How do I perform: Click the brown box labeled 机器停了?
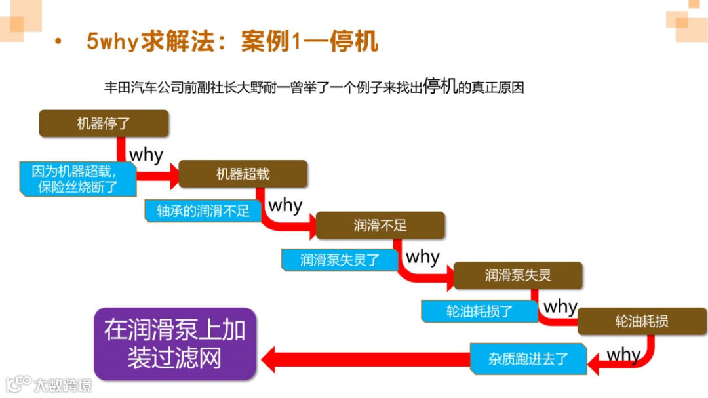pos(104,123)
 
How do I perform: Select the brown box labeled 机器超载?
pos(243,174)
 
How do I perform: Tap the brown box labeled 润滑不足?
pos(380,226)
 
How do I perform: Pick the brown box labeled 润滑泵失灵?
pos(518,275)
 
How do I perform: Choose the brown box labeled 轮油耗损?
pos(642,321)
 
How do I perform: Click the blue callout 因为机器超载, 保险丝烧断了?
pos(78,179)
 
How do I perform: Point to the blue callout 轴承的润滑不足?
pos(203,211)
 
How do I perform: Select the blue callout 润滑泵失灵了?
pos(340,260)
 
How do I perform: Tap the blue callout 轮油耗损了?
pos(479,311)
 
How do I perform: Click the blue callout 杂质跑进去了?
pos(528,359)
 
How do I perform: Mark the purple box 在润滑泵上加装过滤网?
pos(174,344)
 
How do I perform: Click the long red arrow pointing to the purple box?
pos(367,359)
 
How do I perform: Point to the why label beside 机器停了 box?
pos(146,155)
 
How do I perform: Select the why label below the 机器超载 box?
pos(285,205)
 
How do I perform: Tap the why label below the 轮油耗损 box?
pos(623,355)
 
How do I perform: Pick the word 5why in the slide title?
pos(112,42)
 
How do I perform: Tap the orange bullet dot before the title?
pos(58,42)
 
